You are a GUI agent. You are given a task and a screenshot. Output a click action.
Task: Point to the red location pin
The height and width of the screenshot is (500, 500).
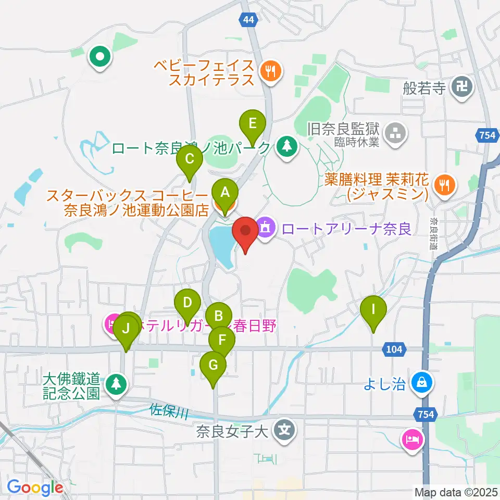pos(245,232)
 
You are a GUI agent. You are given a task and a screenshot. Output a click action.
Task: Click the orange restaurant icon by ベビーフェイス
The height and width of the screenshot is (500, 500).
pos(270,70)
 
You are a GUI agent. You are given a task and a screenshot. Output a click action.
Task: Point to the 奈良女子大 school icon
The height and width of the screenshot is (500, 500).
pos(284,430)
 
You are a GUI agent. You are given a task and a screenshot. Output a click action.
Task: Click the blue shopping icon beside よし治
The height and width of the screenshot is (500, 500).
pos(420,384)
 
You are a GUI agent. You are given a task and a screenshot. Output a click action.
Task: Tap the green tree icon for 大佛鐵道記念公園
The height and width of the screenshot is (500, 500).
pos(116,384)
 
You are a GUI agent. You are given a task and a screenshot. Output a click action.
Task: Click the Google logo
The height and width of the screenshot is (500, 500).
pos(35,488)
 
